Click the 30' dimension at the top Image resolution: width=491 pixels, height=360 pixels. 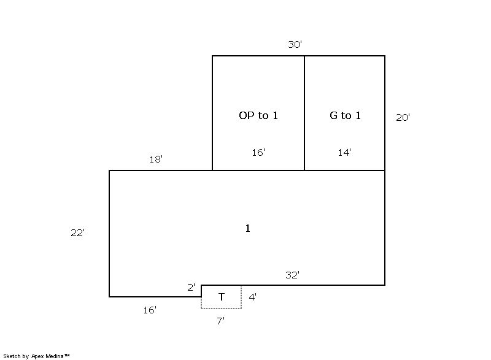(x=295, y=44)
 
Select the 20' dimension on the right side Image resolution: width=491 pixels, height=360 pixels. (x=403, y=117)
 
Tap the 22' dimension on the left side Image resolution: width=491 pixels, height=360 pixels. (x=77, y=232)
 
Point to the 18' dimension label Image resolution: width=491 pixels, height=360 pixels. (x=156, y=159)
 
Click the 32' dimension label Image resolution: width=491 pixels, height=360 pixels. (x=293, y=275)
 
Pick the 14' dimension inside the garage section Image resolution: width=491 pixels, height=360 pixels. (x=344, y=152)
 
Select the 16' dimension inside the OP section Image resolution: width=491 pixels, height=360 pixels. (x=258, y=152)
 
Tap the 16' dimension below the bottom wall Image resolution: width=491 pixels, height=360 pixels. (x=150, y=310)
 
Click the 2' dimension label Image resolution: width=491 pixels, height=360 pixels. (x=191, y=287)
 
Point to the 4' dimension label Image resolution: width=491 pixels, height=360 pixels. (x=252, y=297)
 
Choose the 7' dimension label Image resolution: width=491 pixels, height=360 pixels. (x=220, y=321)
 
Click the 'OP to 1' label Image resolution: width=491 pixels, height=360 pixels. (x=258, y=115)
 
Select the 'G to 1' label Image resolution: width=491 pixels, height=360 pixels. (x=345, y=115)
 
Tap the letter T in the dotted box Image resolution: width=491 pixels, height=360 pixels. (x=222, y=296)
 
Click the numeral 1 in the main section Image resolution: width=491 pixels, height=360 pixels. (x=248, y=228)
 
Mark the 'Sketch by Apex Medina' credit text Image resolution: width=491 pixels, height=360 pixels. (x=36, y=356)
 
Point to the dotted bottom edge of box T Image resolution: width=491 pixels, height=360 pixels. (x=221, y=308)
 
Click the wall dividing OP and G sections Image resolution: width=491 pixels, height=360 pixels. (x=304, y=113)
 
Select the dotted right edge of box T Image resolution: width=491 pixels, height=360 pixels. (x=241, y=297)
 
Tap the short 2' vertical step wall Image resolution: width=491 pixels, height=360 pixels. (x=201, y=291)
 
